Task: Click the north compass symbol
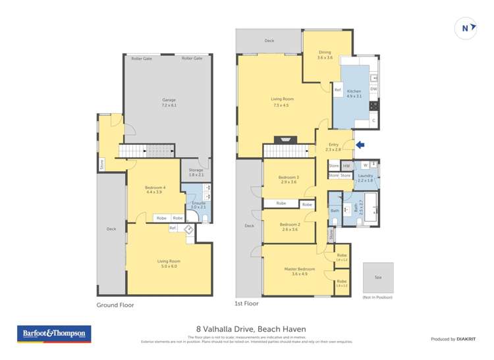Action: click(x=466, y=28)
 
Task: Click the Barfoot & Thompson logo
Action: click(x=54, y=334)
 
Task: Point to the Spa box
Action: click(x=378, y=278)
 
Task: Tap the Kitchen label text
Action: click(x=354, y=91)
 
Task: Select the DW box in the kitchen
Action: click(x=373, y=89)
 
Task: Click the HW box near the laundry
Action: click(x=346, y=166)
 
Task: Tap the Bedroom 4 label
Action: click(x=155, y=190)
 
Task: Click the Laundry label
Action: click(x=365, y=177)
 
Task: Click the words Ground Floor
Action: click(x=115, y=305)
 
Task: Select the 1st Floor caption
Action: click(x=247, y=303)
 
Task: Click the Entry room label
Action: click(x=333, y=146)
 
